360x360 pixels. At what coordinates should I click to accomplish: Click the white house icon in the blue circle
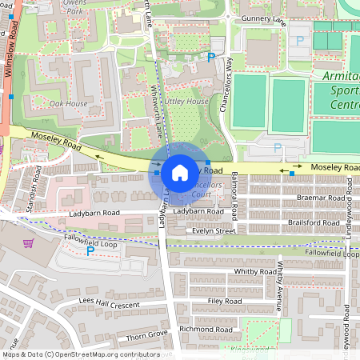180,172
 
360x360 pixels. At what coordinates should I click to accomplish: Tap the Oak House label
68,103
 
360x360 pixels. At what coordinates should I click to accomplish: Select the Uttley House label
186,102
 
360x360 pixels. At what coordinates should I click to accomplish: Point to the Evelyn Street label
214,230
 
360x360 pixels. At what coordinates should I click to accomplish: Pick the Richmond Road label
206,329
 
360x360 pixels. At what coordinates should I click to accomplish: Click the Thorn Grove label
146,333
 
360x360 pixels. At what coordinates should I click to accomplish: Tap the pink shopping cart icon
29,243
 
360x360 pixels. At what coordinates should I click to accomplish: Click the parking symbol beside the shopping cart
90,250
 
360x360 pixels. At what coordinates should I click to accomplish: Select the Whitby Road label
255,272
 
